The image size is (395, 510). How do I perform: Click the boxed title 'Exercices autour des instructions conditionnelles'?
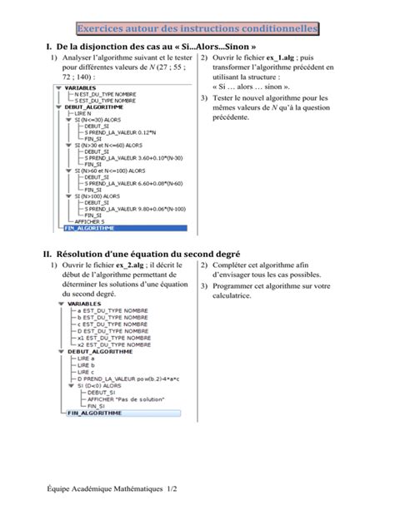[197, 29]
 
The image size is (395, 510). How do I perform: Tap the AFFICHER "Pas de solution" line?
[124, 399]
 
